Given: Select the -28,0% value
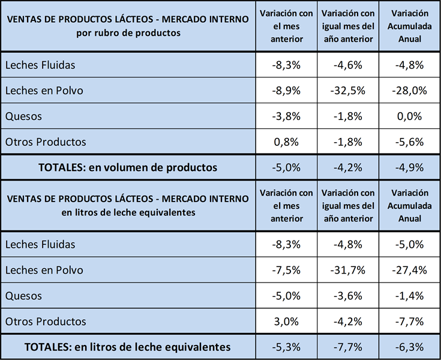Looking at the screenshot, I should pyautogui.click(x=409, y=91).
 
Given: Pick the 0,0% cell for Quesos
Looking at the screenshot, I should pyautogui.click(x=409, y=116).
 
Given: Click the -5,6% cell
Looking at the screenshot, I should pyautogui.click(x=409, y=142).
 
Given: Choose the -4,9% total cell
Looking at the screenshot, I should pyautogui.click(x=409, y=168).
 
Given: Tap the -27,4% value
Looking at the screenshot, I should pyautogui.click(x=409, y=270).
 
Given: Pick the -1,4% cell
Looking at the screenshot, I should pyautogui.click(x=409, y=295).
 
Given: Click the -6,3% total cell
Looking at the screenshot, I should pyautogui.click(x=409, y=347).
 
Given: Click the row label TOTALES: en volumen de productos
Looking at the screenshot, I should pyautogui.click(x=127, y=168).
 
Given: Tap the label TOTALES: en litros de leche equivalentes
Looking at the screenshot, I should pyautogui.click(x=127, y=347).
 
